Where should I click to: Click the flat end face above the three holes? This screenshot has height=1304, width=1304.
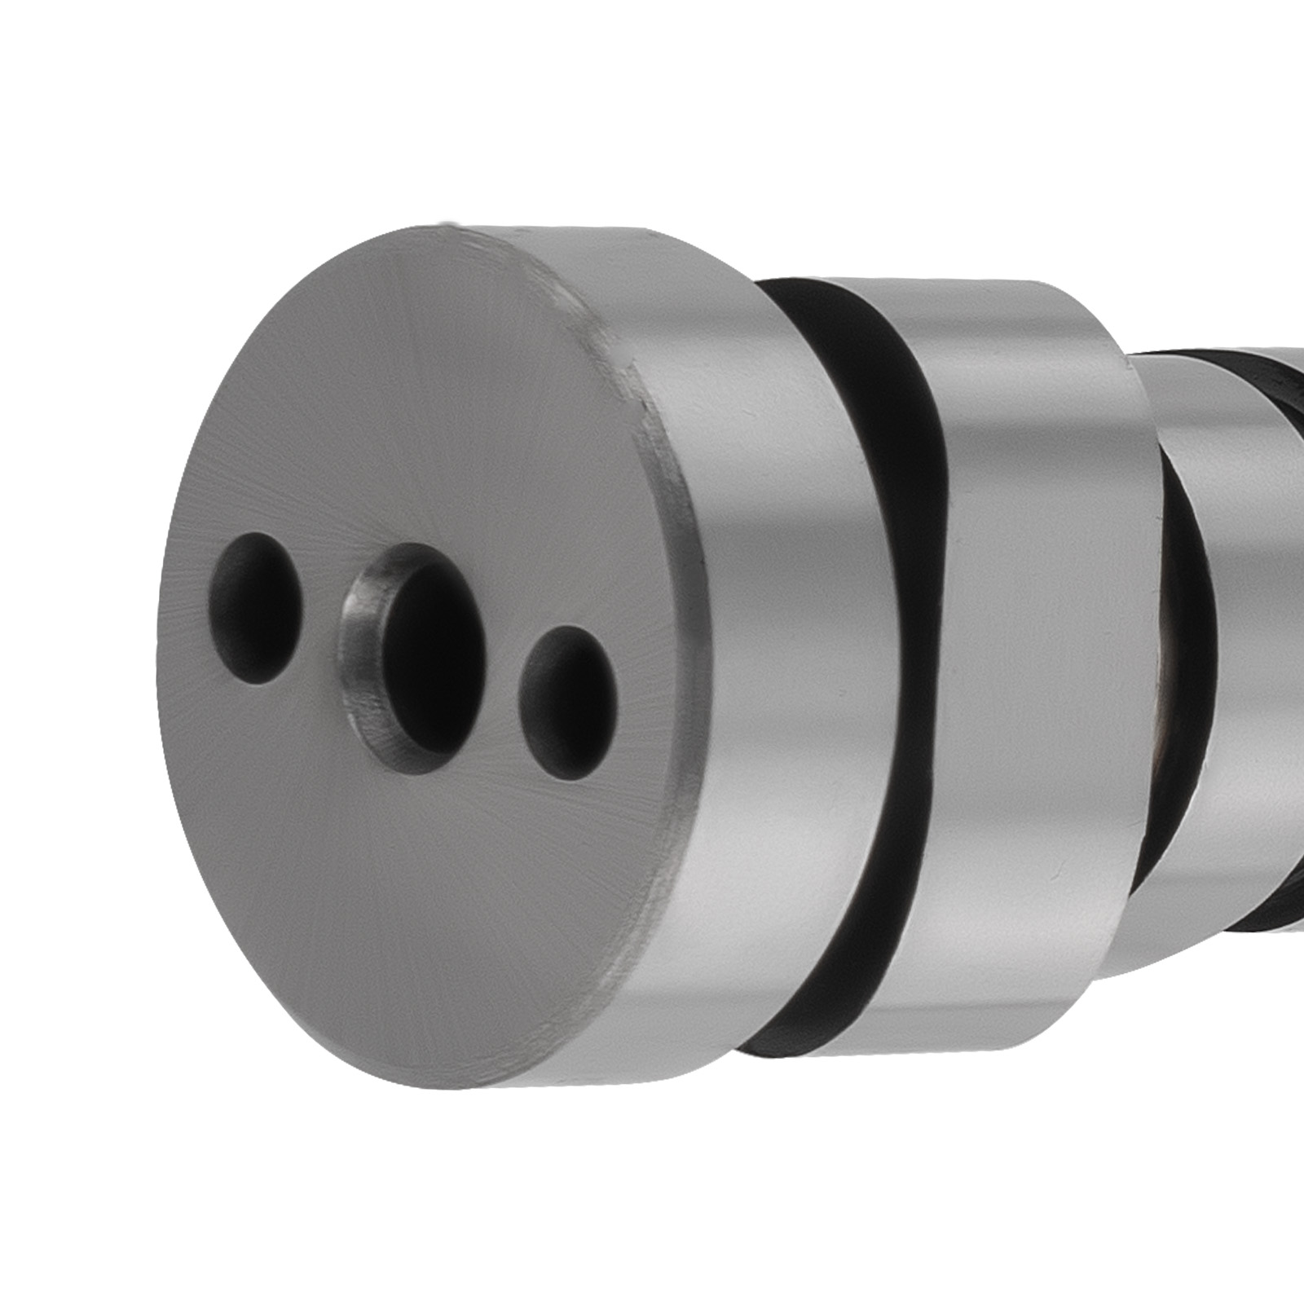click(x=424, y=391)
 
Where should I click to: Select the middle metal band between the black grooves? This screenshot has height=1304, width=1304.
click(x=1043, y=652)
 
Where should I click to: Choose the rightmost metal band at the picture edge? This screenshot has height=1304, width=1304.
click(x=1255, y=652)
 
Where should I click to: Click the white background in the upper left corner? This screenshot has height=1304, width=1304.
click(x=81, y=81)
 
